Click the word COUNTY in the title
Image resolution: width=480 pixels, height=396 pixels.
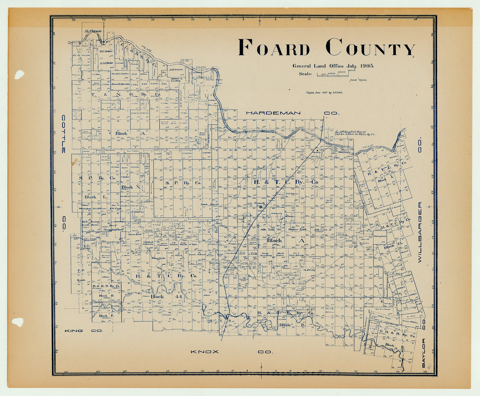370,48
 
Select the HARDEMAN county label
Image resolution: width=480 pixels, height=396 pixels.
273,113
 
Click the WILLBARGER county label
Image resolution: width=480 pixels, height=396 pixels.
420,232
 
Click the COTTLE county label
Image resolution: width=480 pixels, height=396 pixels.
64,134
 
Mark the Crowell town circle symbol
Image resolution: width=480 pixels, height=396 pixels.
260,207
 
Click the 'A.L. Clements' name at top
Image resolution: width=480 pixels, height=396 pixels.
92,30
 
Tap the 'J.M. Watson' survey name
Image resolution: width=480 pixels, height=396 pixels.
176,70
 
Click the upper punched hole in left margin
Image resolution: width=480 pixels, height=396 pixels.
19,74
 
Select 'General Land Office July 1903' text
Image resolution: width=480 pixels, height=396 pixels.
333,66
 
